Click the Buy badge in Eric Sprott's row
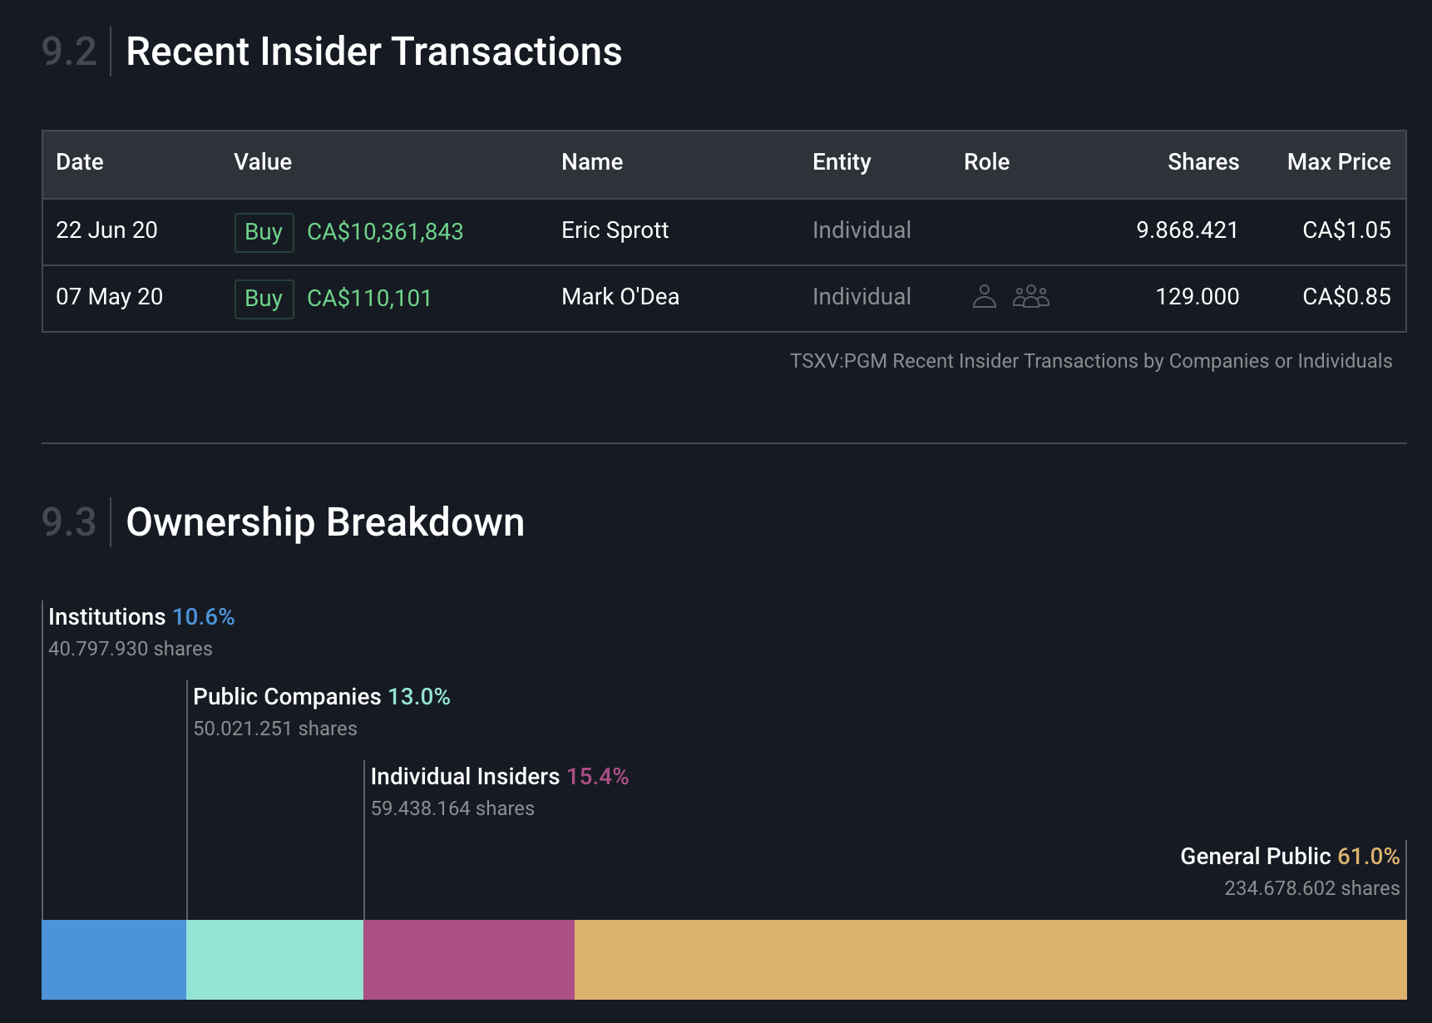pos(264,232)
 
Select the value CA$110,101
pos(369,298)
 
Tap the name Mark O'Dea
pos(620,297)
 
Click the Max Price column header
pos(1338,162)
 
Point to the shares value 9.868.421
pos(1187,230)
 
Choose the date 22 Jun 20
pos(106,230)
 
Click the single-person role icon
pos(984,296)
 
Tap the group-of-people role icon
pos(1031,296)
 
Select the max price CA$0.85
pos(1346,297)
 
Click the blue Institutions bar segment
pos(114,959)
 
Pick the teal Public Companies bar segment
pos(274,959)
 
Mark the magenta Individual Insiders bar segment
pos(469,959)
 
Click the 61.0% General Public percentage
pos(1368,857)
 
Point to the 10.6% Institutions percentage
pos(204,617)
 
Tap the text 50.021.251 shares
pos(275,729)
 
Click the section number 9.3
pos(69,522)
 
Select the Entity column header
pos(842,162)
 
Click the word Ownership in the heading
pos(220,522)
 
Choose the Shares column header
pos(1202,162)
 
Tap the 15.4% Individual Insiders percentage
pos(597,777)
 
